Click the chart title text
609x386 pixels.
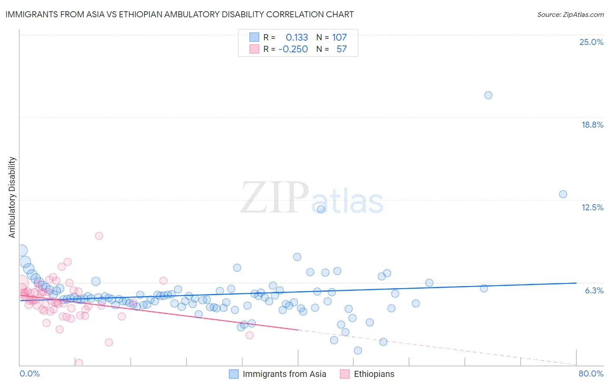click(179, 14)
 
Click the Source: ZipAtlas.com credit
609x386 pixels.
click(570, 14)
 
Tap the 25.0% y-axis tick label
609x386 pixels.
click(591, 42)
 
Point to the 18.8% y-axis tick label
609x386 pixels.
click(592, 125)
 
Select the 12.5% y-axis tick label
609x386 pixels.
click(592, 207)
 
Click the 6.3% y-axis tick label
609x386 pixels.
click(594, 290)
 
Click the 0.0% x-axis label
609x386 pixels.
click(29, 373)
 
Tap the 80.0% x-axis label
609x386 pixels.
click(591, 373)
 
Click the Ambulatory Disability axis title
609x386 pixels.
click(12, 197)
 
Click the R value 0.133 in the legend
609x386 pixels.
click(297, 38)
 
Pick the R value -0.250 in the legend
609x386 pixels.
click(293, 49)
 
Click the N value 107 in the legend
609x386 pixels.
click(339, 38)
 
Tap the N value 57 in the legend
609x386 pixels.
click(341, 49)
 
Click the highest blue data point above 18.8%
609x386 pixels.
click(488, 95)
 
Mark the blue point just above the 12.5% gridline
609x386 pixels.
click(563, 194)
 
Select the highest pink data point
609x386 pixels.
click(99, 236)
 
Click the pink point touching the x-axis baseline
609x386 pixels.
click(79, 363)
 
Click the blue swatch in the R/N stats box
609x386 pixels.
click(254, 38)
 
